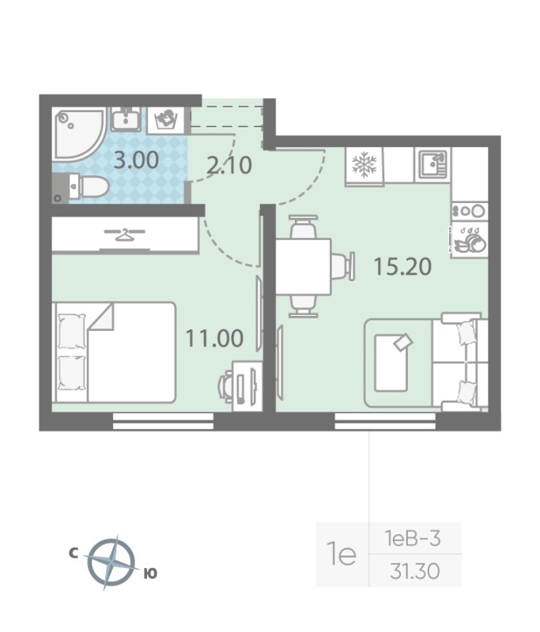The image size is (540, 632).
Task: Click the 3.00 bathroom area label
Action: coord(136,160)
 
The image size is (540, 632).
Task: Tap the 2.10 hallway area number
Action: coord(229,165)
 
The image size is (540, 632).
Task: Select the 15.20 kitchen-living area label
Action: coord(403,266)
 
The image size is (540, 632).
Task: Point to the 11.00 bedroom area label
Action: coord(214,338)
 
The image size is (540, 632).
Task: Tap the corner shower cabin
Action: coord(78,134)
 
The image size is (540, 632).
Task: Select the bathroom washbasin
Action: coord(126,119)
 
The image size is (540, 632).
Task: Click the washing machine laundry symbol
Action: coord(166,120)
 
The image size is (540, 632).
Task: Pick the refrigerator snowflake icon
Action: coord(364,164)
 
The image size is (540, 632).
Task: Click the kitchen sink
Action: coord(432,164)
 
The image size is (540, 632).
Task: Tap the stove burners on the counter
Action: coord(469,211)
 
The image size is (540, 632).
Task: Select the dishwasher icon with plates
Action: coord(469,240)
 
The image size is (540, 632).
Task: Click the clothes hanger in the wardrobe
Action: coord(125,235)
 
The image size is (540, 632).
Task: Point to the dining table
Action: coord(304,266)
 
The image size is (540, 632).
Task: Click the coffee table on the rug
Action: coord(391,363)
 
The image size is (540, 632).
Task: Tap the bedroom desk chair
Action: coord(226,386)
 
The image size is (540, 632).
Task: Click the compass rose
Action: coord(111,562)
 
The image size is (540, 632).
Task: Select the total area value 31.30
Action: coord(415,571)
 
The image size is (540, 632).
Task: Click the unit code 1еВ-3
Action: coord(413,539)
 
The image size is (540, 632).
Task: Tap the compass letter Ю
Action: coord(150,574)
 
